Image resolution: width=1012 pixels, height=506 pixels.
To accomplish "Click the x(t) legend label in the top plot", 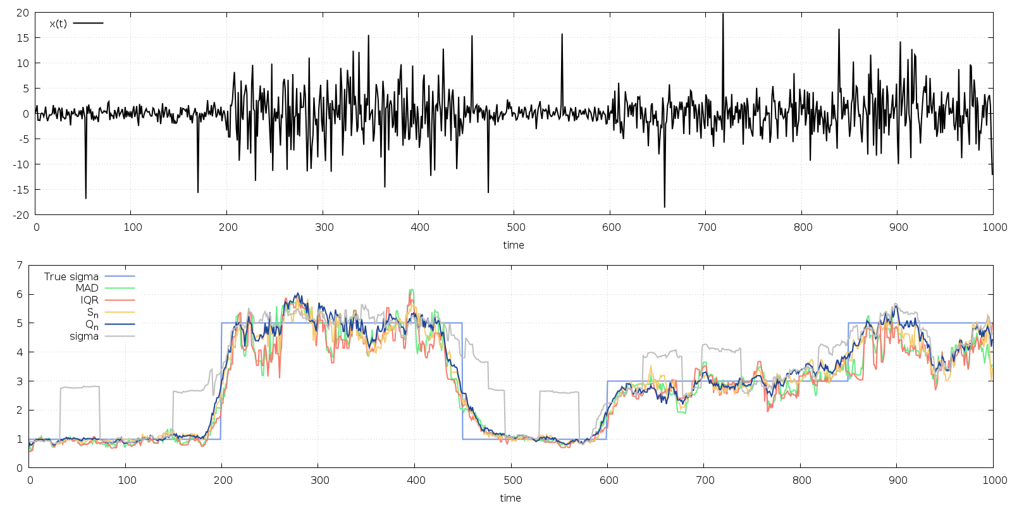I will click(x=58, y=23).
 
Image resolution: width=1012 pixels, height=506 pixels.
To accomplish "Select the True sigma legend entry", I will click(x=71, y=276).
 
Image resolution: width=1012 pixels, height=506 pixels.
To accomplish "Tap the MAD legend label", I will click(x=87, y=288).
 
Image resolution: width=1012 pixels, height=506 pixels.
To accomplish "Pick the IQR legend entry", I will click(x=89, y=300).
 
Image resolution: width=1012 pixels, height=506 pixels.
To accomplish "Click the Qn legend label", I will click(x=92, y=325).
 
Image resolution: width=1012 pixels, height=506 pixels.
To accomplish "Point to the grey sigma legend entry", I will click(x=84, y=336).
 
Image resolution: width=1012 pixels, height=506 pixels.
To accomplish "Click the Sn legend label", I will click(x=92, y=312).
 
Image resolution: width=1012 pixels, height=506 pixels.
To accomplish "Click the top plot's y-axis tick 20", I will click(x=23, y=13).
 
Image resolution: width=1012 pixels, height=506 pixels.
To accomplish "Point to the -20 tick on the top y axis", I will click(x=22, y=215).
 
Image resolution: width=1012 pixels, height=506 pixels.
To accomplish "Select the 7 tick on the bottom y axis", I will click(x=20, y=265).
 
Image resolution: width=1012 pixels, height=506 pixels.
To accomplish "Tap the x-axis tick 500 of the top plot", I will click(x=515, y=228).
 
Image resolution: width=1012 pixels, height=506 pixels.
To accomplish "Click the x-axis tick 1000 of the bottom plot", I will click(x=994, y=481).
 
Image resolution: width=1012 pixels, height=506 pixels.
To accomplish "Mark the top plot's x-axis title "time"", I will click(x=514, y=245).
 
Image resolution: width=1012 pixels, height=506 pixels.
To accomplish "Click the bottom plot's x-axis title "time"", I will click(x=510, y=498).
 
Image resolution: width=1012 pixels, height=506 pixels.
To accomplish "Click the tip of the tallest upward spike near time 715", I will click(x=723, y=13).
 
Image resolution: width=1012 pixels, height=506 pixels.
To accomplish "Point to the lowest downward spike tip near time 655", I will click(x=664, y=207).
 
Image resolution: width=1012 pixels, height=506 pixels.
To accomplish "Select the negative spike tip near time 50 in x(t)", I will click(x=86, y=198).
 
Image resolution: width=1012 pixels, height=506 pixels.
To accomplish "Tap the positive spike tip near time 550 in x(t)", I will click(x=562, y=34).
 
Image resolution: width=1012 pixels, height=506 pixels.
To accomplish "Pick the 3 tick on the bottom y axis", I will click(x=20, y=381).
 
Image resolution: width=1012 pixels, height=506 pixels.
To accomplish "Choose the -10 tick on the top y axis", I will click(x=22, y=164).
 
